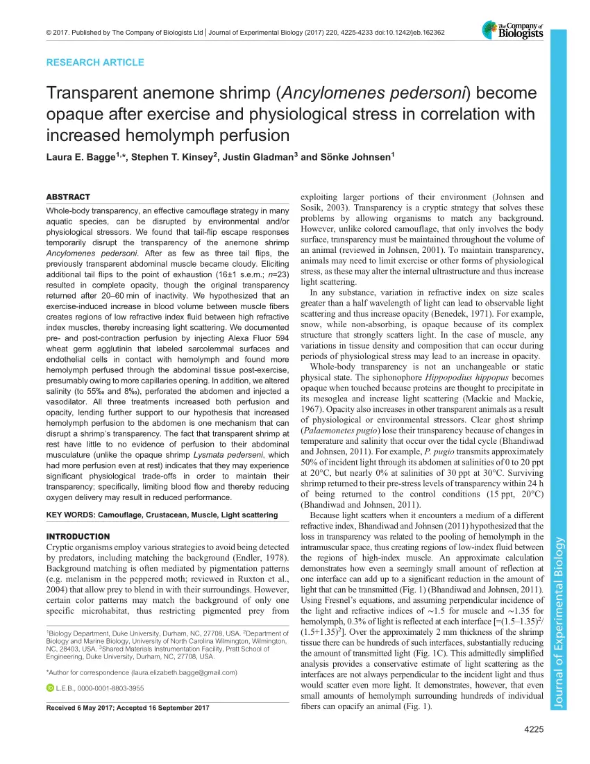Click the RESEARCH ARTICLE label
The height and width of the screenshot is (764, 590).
click(x=95, y=63)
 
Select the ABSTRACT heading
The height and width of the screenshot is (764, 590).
click(x=67, y=197)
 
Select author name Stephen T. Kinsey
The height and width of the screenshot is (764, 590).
click(x=177, y=158)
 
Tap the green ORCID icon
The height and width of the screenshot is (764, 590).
click(x=49, y=688)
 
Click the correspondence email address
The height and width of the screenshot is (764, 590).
click(x=184, y=673)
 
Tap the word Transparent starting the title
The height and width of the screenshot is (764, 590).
click(x=90, y=94)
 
